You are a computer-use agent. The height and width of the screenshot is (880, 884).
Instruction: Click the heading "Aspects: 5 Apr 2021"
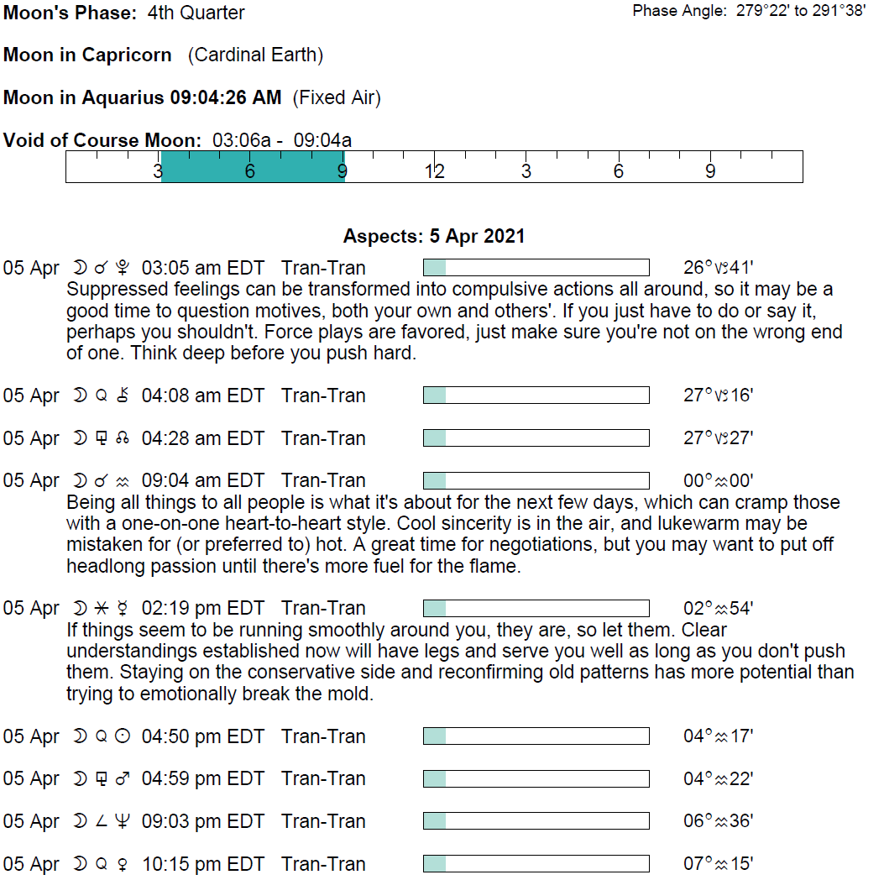[x=434, y=236]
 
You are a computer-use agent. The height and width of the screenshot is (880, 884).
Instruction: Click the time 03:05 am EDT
[x=203, y=269]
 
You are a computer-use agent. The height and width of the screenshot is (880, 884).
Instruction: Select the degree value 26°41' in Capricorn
[x=718, y=269]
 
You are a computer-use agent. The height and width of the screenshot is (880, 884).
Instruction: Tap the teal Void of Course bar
[x=252, y=166]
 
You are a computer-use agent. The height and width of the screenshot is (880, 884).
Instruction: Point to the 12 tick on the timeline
[x=434, y=171]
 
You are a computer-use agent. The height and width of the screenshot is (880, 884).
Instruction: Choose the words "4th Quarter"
[x=196, y=13]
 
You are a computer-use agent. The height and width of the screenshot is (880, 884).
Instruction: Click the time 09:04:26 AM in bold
[x=226, y=98]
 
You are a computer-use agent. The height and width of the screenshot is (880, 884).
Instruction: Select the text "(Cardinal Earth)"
[x=255, y=55]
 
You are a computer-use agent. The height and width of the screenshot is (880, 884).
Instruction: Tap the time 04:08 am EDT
[x=203, y=395]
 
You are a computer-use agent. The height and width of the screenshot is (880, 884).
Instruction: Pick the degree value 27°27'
[x=718, y=438]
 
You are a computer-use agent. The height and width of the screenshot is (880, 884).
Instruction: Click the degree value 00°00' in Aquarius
[x=718, y=481]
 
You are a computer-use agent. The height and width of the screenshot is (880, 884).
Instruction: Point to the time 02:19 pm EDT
[x=203, y=609]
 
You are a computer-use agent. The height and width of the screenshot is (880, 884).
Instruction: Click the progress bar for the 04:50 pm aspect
[x=536, y=736]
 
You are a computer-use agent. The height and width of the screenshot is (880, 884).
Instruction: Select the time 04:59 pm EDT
[x=203, y=779]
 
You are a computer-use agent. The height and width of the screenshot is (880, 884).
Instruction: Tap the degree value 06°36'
[x=718, y=821]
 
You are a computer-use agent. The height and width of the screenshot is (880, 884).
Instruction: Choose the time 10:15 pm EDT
[x=203, y=864]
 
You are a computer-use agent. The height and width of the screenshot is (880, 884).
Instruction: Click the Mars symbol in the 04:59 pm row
[x=123, y=779]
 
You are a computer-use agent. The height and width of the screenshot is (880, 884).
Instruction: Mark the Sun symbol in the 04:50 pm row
[x=123, y=736]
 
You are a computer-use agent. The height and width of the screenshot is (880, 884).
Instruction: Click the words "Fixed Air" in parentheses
[x=337, y=98]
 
